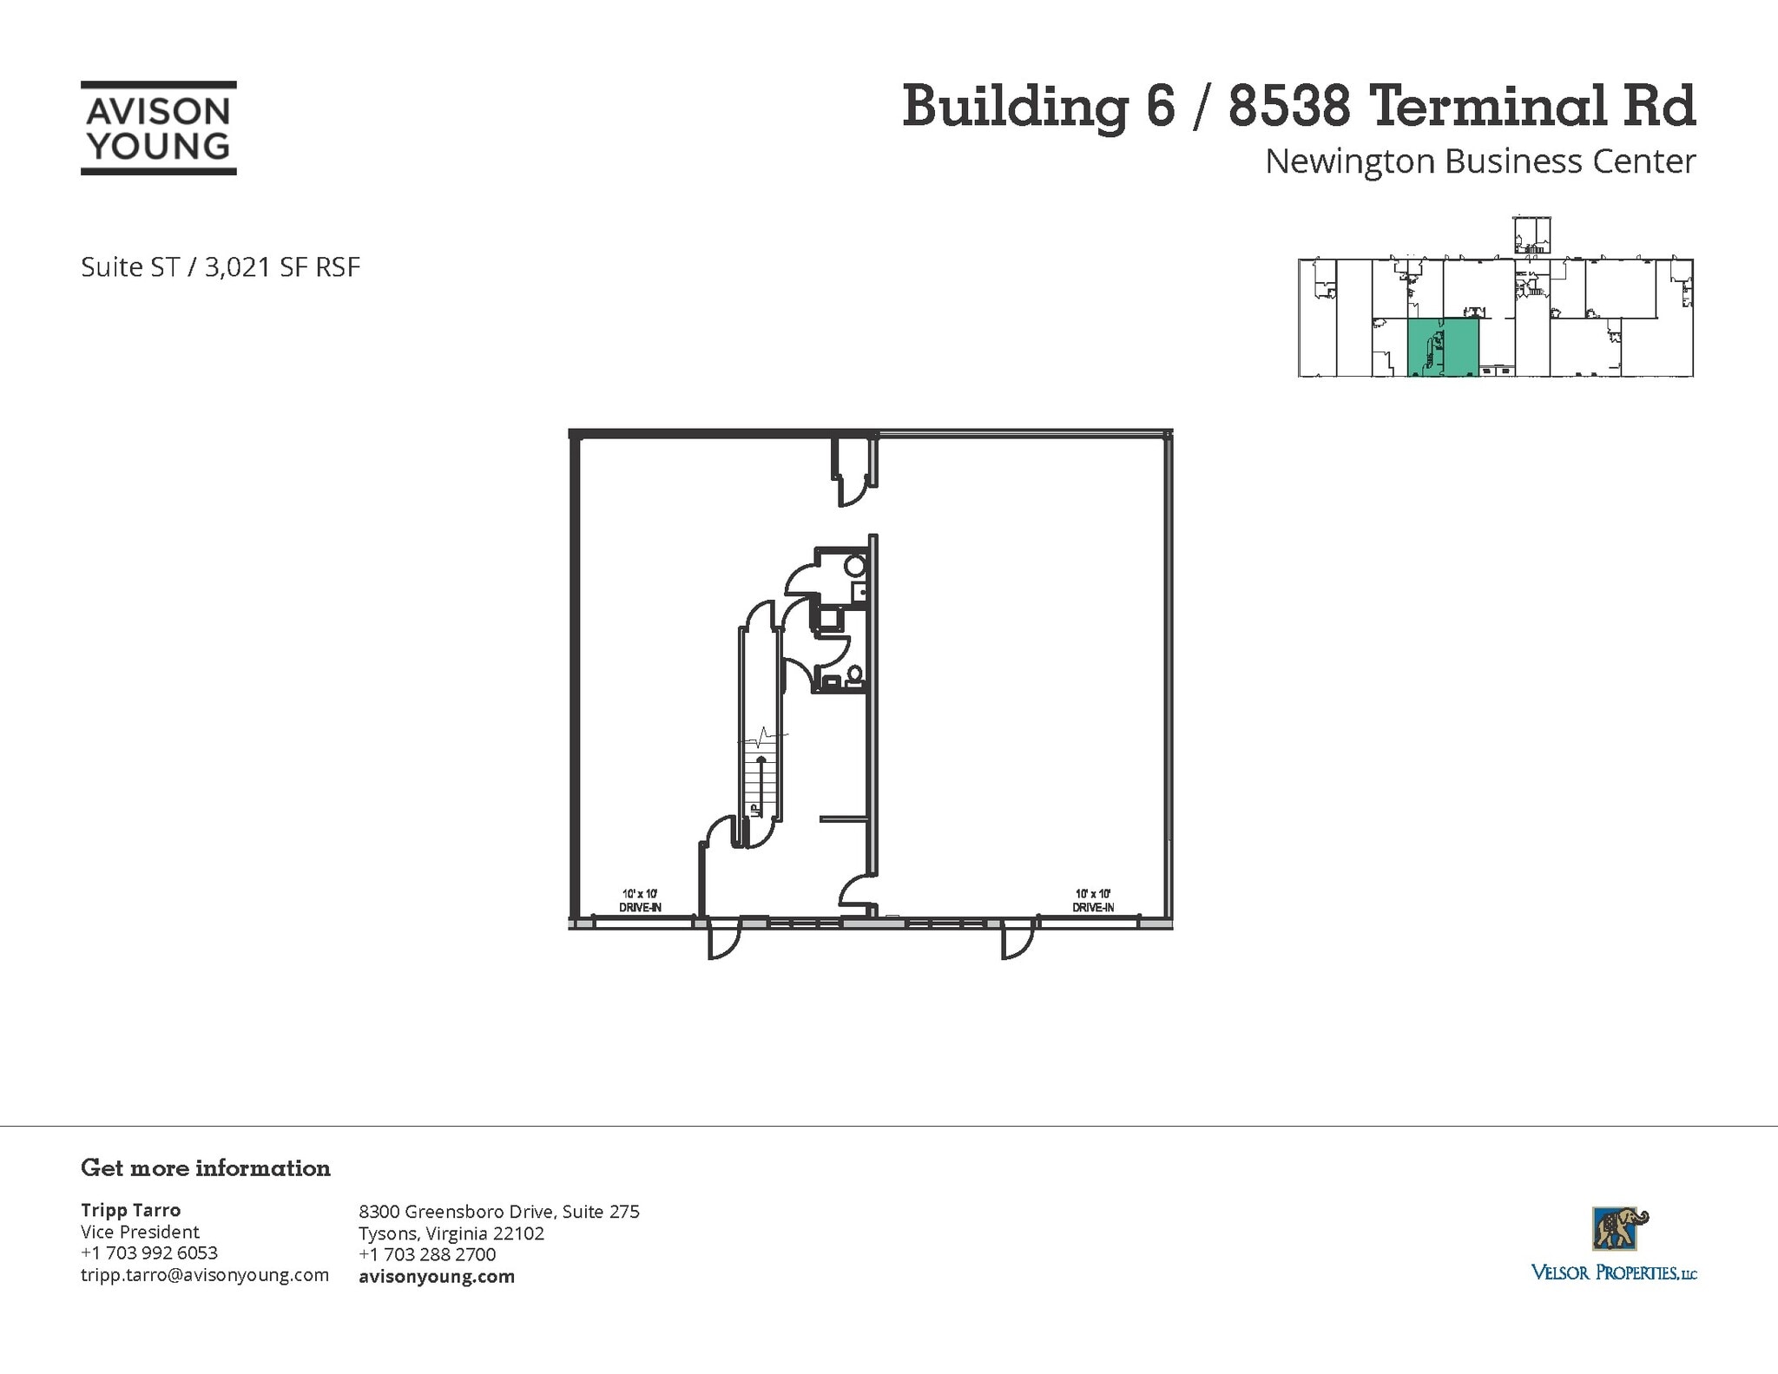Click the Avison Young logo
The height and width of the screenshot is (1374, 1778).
click(x=159, y=128)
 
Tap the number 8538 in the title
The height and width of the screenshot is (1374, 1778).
click(x=1288, y=107)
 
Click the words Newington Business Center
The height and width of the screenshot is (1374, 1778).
click(x=1479, y=161)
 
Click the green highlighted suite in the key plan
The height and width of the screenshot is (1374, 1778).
click(x=1443, y=347)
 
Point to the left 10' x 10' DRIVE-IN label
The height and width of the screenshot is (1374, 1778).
click(x=640, y=900)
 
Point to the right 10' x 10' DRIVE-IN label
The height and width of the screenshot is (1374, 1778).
click(x=1093, y=900)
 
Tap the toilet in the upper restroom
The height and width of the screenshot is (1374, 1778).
click(x=854, y=567)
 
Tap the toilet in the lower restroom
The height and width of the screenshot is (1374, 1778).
click(x=854, y=674)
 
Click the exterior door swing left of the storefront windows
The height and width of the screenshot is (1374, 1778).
click(x=722, y=943)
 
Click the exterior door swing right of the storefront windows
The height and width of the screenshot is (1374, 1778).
click(x=1017, y=943)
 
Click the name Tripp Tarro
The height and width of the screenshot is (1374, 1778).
click(x=130, y=1210)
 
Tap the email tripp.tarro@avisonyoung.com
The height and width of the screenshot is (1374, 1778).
click(x=205, y=1274)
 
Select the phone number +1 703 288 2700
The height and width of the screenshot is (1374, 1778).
click(x=427, y=1254)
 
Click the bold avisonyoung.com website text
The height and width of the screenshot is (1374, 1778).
click(x=437, y=1276)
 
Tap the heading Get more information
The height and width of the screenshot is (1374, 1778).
click(x=206, y=1167)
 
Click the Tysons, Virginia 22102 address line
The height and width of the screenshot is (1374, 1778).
click(x=451, y=1233)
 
